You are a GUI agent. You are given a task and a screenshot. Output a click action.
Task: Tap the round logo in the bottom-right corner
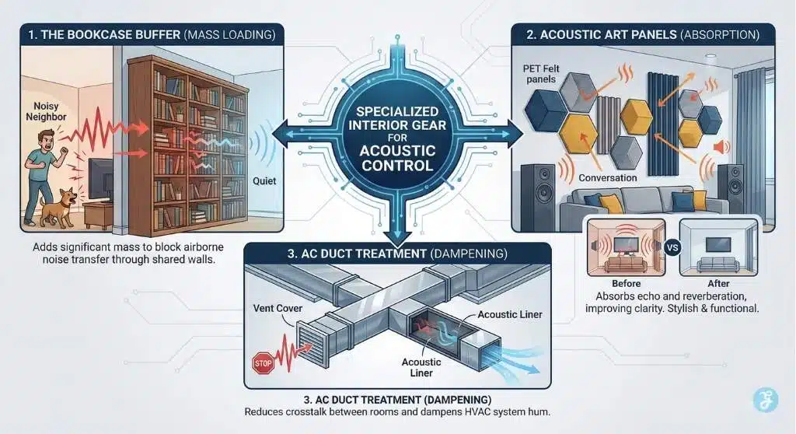(765, 401)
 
